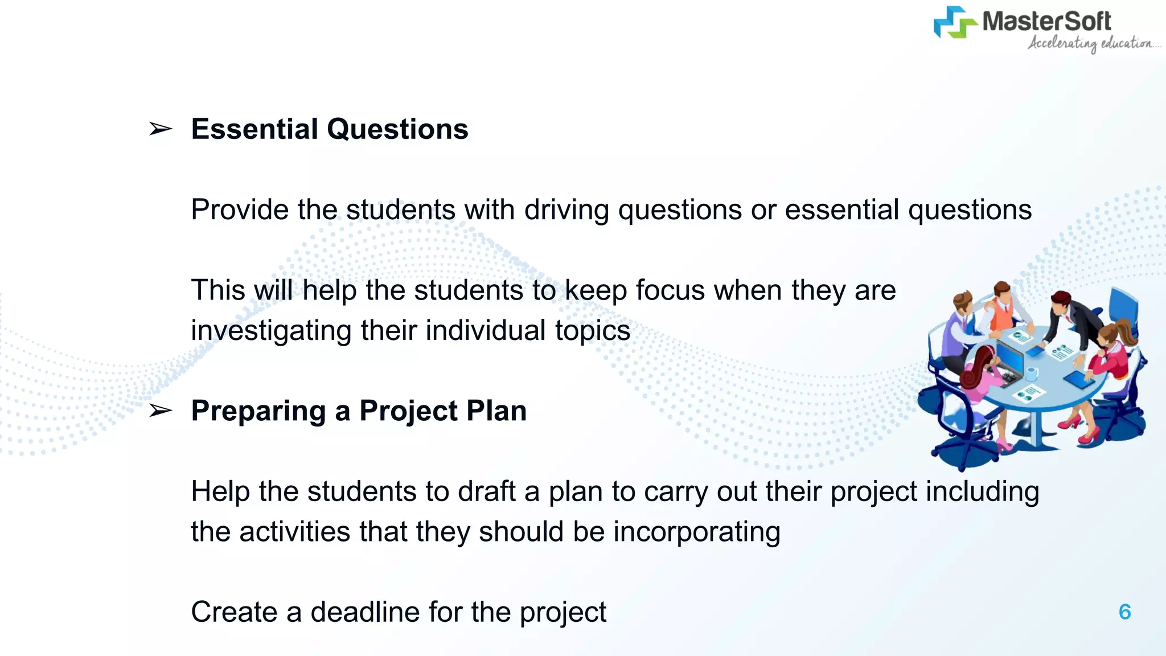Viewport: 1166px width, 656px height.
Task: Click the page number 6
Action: coord(1124,612)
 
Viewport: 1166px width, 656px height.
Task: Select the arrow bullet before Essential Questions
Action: coord(160,129)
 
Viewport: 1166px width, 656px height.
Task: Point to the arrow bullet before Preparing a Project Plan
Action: coord(160,411)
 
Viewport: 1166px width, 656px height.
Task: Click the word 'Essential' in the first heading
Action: coord(254,129)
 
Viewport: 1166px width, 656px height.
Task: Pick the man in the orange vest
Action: coord(1003,307)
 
